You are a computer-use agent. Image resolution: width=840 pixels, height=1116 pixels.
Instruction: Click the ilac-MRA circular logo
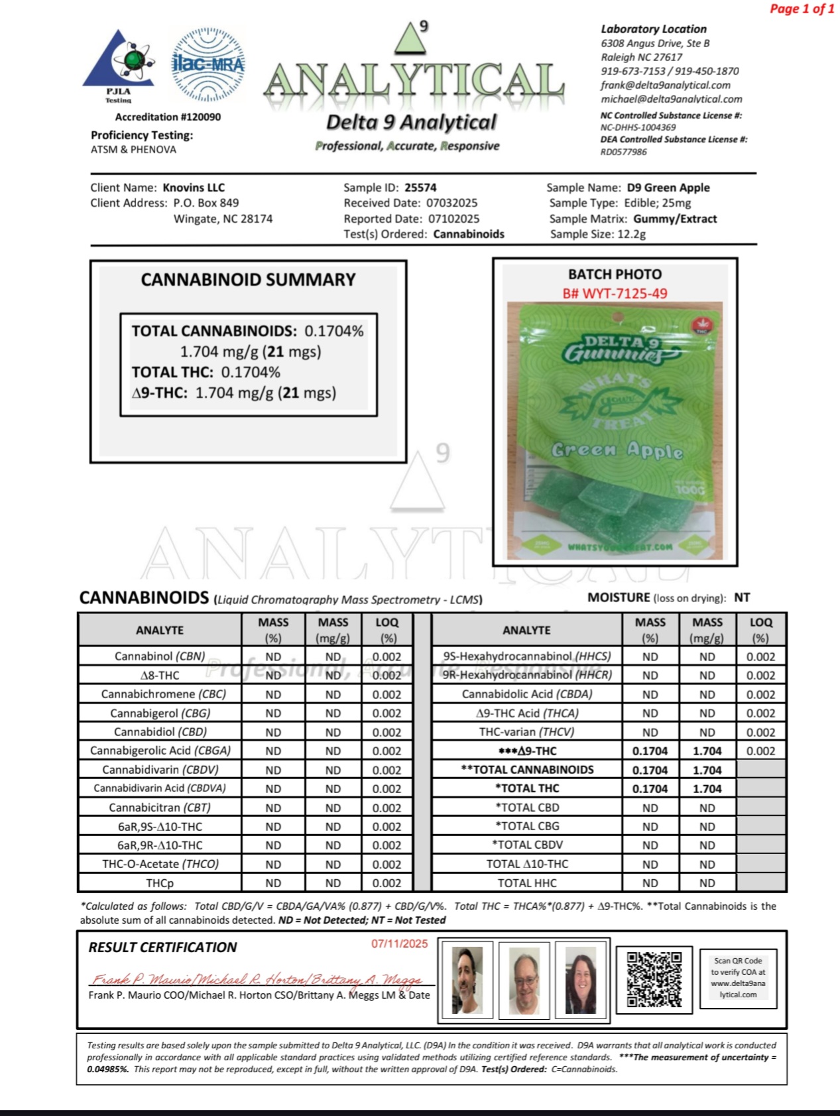click(x=208, y=64)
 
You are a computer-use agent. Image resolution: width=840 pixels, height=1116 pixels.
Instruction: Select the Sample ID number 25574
click(x=420, y=188)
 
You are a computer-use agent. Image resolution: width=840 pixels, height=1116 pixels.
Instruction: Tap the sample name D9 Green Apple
click(x=668, y=188)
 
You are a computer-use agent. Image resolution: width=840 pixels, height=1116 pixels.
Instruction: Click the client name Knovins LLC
click(x=194, y=188)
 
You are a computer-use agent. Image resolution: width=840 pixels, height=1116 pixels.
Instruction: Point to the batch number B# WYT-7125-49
click(x=615, y=293)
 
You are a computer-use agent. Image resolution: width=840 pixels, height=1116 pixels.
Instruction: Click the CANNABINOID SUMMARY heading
click(x=248, y=280)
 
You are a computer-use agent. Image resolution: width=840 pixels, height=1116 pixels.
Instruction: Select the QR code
click(x=654, y=979)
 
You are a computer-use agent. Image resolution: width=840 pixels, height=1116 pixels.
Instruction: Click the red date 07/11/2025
click(x=399, y=944)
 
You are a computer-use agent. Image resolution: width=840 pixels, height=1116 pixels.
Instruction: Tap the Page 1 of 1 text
click(x=802, y=9)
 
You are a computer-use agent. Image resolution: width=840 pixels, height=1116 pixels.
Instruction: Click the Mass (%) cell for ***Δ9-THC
click(x=650, y=751)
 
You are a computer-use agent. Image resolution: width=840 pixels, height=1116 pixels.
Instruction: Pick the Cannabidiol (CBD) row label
click(x=160, y=732)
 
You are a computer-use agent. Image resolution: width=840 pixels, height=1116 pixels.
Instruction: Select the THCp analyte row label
click(x=160, y=883)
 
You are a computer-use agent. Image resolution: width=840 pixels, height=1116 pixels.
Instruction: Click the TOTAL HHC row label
click(x=527, y=883)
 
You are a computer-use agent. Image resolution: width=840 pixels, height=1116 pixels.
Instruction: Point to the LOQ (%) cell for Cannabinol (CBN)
click(x=387, y=657)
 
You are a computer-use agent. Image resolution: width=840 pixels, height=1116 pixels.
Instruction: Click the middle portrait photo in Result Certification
click(x=524, y=979)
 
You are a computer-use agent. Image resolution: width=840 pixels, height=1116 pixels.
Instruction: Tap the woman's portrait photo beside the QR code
click(x=581, y=979)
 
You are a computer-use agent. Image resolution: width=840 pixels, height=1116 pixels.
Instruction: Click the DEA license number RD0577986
click(x=623, y=152)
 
